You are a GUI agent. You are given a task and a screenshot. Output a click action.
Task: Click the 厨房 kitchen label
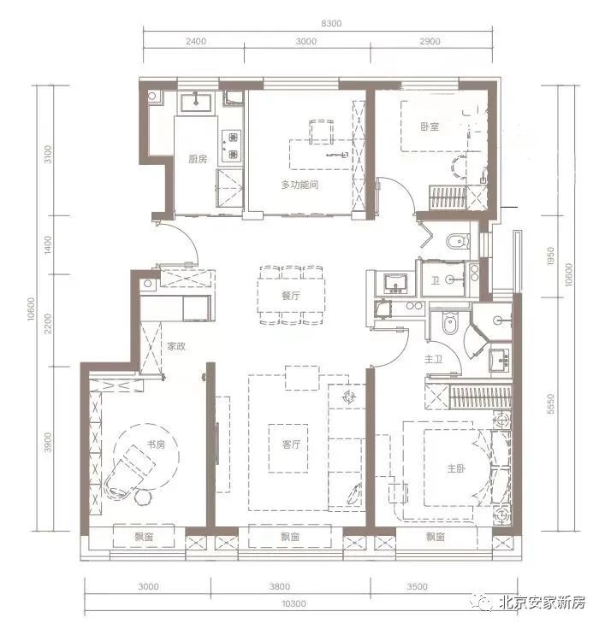(198, 159)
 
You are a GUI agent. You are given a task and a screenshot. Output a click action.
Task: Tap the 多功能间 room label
(300, 185)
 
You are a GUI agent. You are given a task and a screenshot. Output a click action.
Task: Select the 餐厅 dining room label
(291, 296)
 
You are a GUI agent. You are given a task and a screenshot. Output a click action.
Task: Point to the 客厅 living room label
(291, 444)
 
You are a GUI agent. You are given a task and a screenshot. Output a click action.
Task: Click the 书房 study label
(156, 444)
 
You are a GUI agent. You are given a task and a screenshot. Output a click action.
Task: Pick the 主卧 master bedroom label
(456, 468)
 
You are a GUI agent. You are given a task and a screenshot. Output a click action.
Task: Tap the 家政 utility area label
(176, 346)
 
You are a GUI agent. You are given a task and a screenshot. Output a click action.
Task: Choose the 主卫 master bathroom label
(434, 359)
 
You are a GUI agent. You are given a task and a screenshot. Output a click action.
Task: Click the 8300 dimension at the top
(331, 23)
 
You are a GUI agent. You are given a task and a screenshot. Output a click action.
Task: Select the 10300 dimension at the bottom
(294, 603)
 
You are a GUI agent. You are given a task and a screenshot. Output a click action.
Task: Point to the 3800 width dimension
(280, 587)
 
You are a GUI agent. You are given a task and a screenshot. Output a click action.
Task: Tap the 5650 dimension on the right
(550, 404)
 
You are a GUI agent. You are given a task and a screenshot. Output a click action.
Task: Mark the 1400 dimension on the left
(48, 244)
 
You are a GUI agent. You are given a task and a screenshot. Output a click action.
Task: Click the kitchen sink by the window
(196, 103)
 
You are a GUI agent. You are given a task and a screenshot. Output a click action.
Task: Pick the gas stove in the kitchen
(233, 145)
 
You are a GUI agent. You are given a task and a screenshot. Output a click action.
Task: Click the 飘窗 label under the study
(144, 537)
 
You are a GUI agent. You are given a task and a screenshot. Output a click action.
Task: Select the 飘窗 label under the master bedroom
(435, 537)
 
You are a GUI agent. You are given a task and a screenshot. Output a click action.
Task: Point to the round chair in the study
(143, 497)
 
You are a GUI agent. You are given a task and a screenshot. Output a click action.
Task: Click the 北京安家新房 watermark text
(542, 603)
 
